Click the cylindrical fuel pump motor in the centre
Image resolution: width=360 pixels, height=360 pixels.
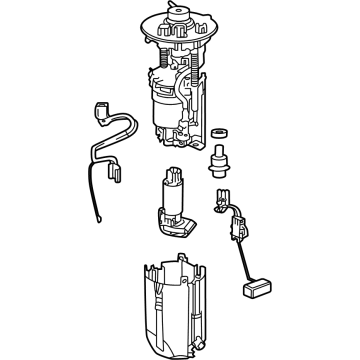(x=171, y=190)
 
